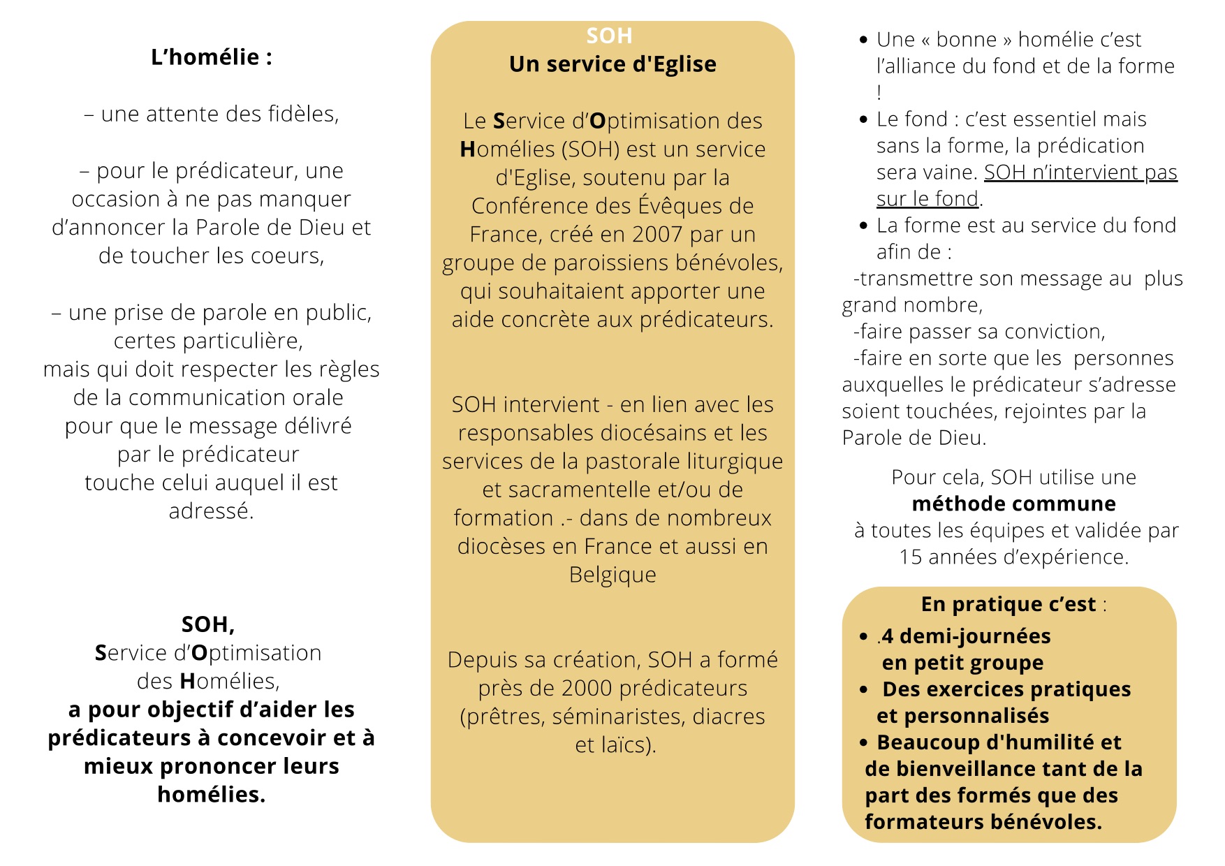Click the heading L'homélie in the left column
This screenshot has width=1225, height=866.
tap(211, 57)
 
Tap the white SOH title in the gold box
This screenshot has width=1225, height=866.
tap(609, 36)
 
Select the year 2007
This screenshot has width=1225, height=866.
tap(657, 235)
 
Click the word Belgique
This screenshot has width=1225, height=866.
tap(612, 575)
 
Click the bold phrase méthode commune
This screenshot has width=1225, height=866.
tap(1013, 504)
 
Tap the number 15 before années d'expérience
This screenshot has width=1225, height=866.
tap(911, 557)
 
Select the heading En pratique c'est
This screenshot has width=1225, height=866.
tap(1008, 604)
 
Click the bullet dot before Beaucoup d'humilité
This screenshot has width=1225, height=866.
tap(864, 742)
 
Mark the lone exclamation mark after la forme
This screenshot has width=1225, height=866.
tap(879, 92)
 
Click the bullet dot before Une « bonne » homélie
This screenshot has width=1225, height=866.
tap(864, 41)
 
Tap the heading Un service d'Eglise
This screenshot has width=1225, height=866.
tap(612, 64)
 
